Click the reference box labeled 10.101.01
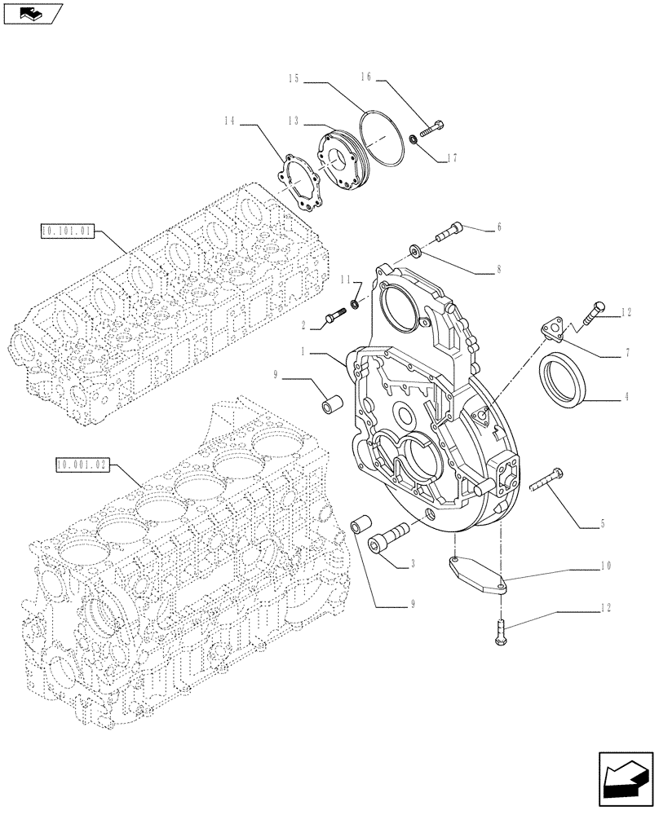click(68, 231)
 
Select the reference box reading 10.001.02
click(82, 465)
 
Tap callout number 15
click(294, 79)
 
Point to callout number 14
click(228, 122)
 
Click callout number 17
click(453, 158)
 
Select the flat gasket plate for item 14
click(301, 183)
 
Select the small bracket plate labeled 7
click(555, 331)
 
